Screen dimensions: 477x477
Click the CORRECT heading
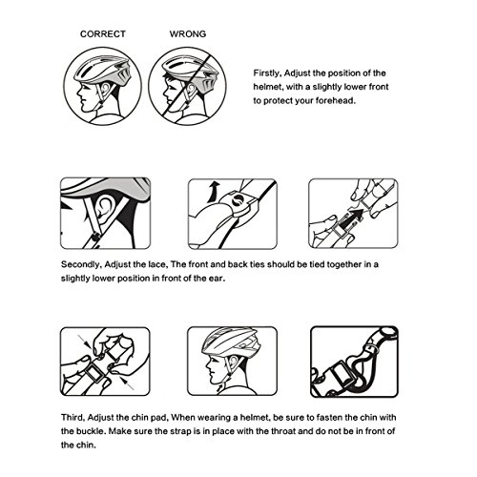click(103, 33)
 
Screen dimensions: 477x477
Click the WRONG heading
click(188, 33)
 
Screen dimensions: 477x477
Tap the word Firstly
click(267, 73)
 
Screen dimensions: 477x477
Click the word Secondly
click(81, 264)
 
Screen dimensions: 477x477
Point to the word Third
click(73, 418)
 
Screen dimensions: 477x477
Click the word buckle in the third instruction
click(91, 431)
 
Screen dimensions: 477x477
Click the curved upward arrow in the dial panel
click(213, 192)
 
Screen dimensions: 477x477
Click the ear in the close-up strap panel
click(104, 209)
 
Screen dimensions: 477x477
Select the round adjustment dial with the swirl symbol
click(239, 201)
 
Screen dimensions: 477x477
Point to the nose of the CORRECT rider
click(78, 93)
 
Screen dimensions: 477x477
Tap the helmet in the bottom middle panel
click(232, 343)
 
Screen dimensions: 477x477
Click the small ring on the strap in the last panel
click(371, 349)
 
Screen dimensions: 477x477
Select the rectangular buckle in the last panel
click(341, 375)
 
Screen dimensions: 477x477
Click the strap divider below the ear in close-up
click(95, 238)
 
